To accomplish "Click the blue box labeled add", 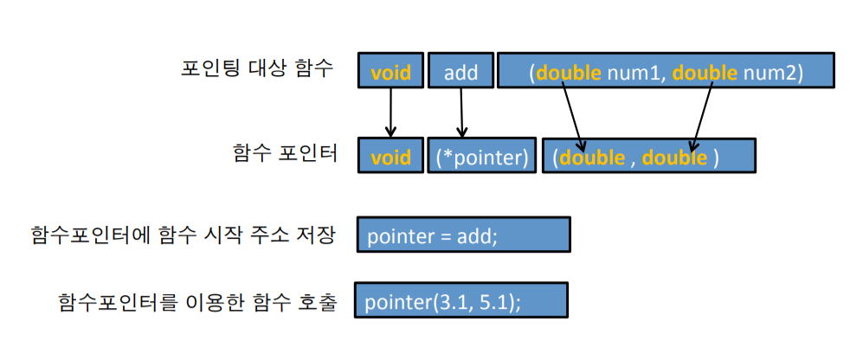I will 460,72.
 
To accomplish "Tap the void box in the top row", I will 390,72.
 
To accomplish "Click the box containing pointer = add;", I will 463,235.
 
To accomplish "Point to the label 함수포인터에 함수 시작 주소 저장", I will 182,234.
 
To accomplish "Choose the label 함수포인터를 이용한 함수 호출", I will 196,302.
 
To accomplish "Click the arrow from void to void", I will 390,112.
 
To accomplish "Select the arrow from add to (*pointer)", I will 461,112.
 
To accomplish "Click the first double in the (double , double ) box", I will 592,158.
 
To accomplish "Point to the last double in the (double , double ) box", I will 674,158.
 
